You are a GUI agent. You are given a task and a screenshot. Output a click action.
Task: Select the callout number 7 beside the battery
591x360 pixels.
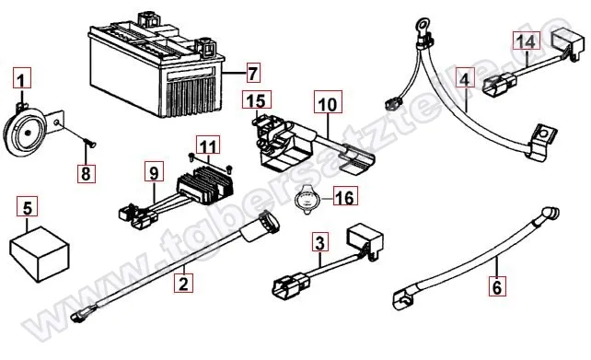(x=253, y=71)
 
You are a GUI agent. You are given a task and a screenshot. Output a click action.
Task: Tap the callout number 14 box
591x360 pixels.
(x=525, y=42)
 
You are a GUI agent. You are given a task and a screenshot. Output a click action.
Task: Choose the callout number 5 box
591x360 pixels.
(x=29, y=208)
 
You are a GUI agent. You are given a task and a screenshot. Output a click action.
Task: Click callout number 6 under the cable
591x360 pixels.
(x=497, y=287)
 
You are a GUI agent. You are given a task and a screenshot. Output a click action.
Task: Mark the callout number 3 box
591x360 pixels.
(x=319, y=244)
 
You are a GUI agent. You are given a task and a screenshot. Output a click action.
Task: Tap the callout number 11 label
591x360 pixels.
(x=209, y=145)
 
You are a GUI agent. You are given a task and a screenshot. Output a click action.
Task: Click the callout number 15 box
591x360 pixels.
(x=255, y=99)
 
